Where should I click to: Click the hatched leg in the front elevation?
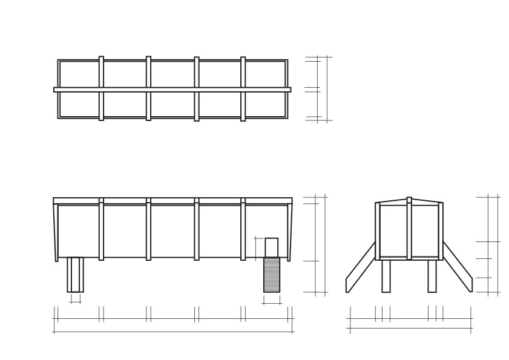coord(272,275)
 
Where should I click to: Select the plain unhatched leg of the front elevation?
coord(75,275)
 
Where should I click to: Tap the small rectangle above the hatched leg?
coord(272,247)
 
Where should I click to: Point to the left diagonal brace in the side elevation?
coord(360,267)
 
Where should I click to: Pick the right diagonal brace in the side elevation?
coord(458,267)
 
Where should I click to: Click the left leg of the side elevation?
coord(386,276)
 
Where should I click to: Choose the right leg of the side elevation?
coord(432,276)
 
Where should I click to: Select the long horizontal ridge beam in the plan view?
coord(172,90)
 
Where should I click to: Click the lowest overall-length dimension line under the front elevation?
coord(173,332)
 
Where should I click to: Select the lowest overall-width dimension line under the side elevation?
coord(410,329)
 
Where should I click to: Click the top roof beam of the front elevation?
coord(172,201)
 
